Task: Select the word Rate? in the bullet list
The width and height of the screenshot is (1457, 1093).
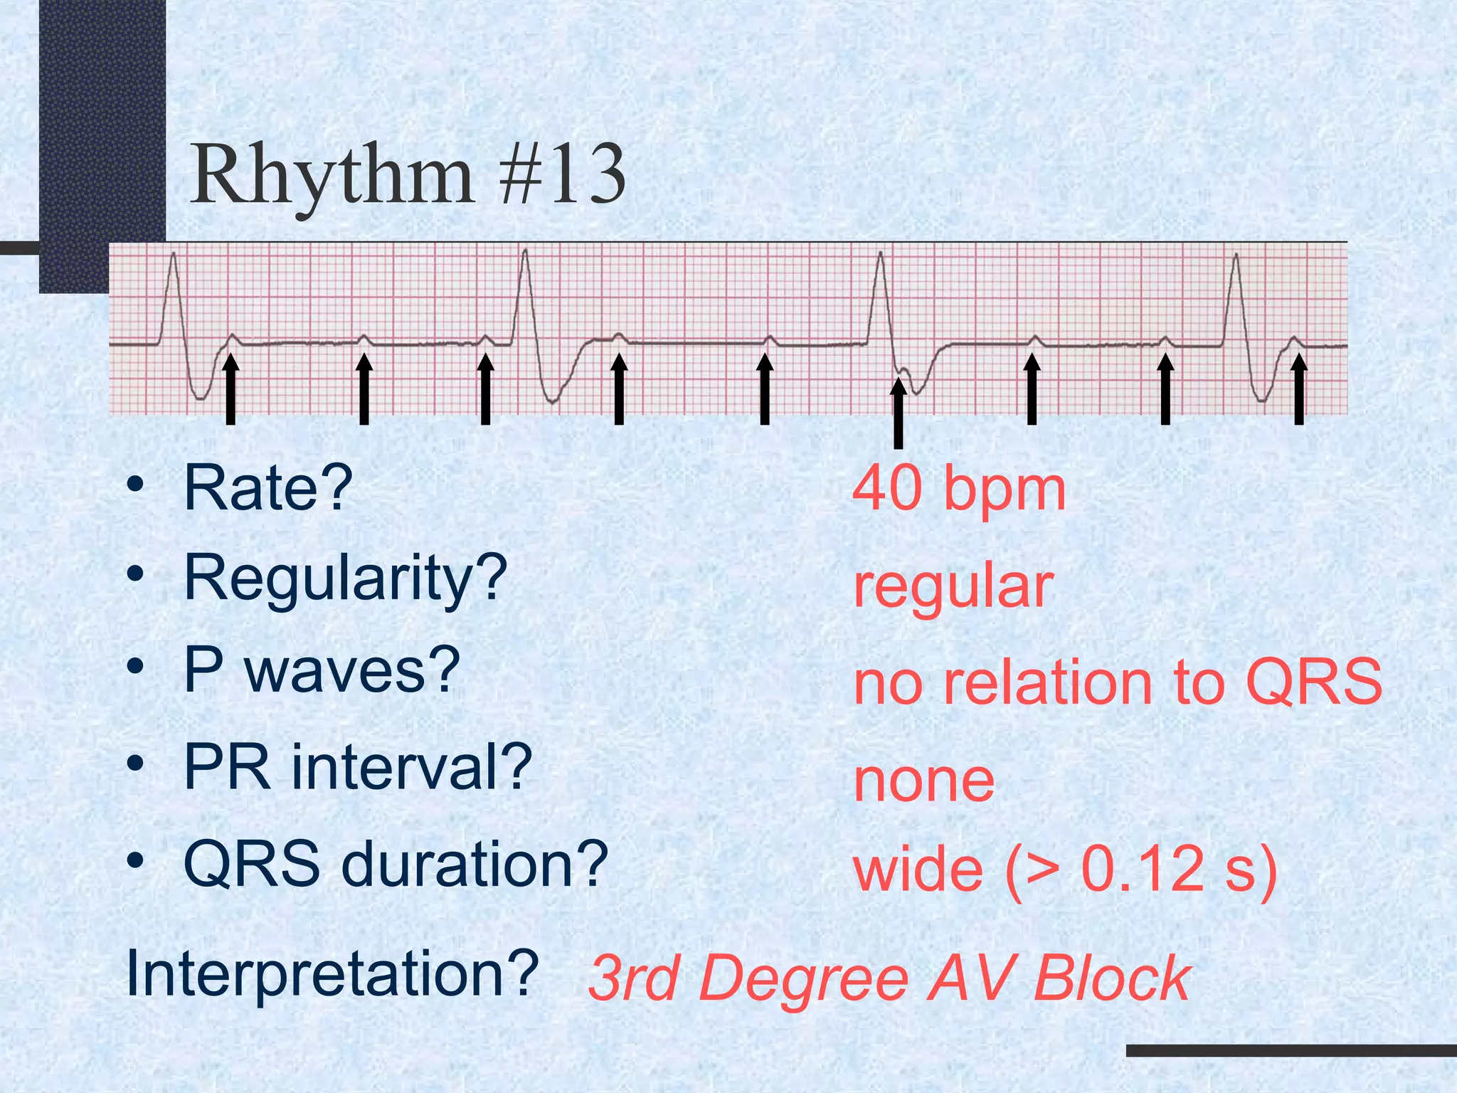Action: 268,488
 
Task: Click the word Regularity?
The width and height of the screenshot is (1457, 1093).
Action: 345,579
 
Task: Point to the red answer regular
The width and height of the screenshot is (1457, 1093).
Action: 953,588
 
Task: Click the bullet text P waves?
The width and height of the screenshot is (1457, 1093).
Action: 322,670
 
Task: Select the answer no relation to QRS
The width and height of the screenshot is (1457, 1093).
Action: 1117,682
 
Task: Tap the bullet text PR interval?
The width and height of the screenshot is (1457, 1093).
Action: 357,767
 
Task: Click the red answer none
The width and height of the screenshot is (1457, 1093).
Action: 923,781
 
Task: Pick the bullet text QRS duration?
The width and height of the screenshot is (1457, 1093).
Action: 396,864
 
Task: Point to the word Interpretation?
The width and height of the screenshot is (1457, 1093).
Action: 332,973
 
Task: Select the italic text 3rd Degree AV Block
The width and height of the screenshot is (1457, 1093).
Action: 889,979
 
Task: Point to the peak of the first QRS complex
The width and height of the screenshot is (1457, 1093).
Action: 173,255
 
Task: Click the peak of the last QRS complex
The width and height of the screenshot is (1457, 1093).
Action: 1236,255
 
